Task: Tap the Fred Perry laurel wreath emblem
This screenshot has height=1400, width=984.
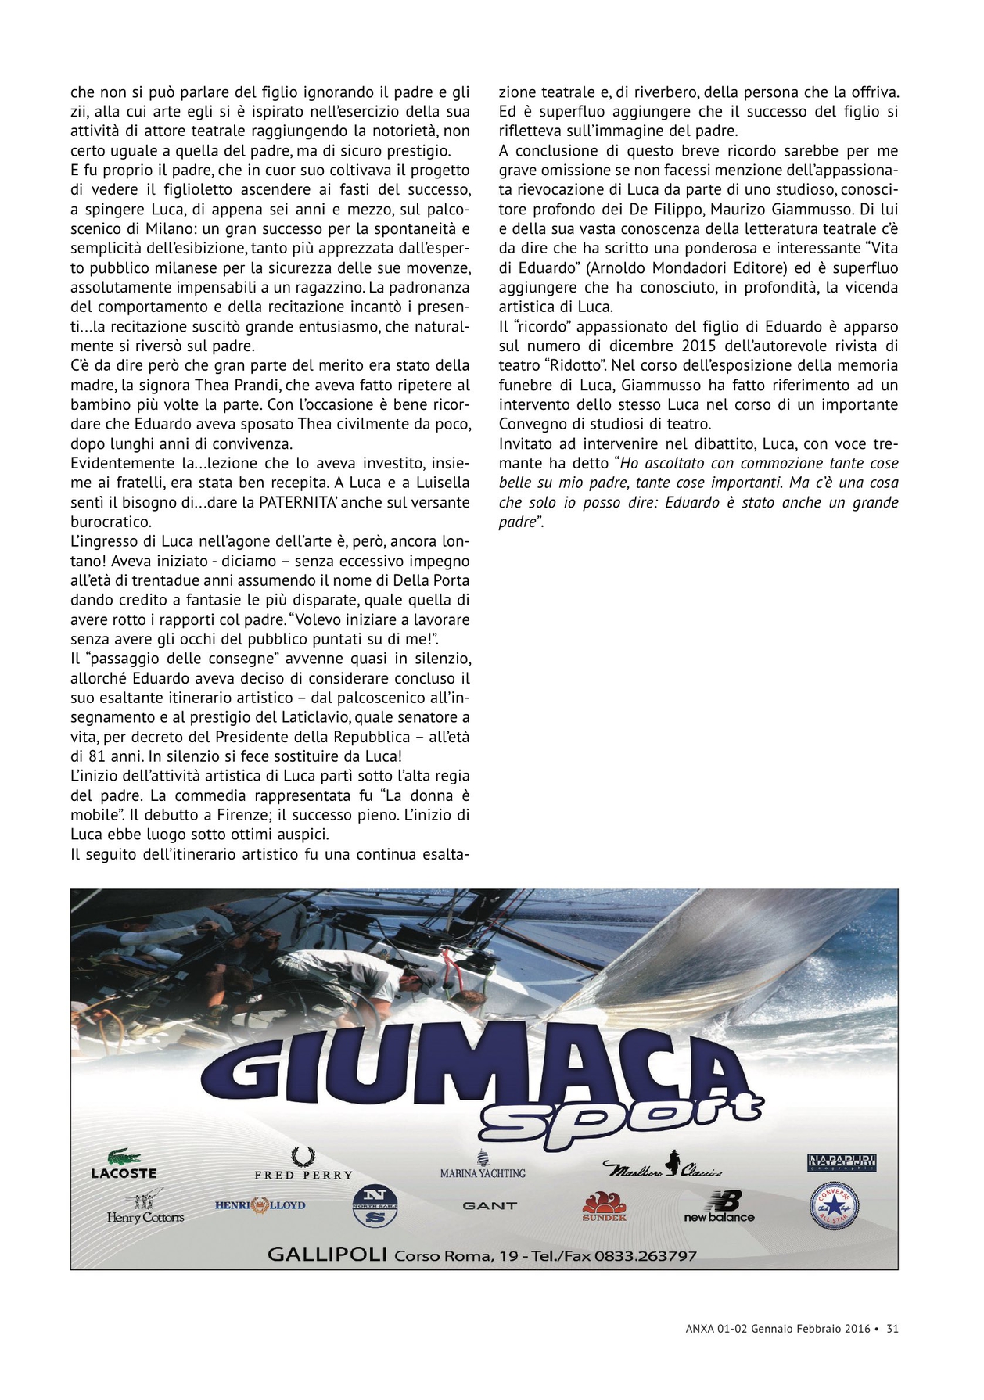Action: [303, 1156]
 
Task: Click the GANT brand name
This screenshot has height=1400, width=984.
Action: [490, 1205]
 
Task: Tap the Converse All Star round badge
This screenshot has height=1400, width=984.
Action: [833, 1205]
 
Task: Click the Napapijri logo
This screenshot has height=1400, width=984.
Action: [841, 1163]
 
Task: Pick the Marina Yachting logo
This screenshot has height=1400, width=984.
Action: [483, 1165]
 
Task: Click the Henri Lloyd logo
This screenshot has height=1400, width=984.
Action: [260, 1205]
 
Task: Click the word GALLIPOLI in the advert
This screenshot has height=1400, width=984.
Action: [327, 1255]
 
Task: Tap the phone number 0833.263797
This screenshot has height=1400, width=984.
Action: [645, 1255]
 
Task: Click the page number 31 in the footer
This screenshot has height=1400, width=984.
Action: [892, 1328]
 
